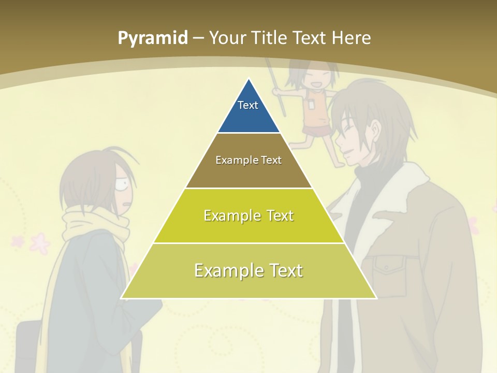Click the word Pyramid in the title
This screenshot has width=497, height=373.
[x=153, y=38]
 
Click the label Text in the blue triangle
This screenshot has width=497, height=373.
[x=248, y=105]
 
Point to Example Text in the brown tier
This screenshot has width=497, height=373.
[x=248, y=160]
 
